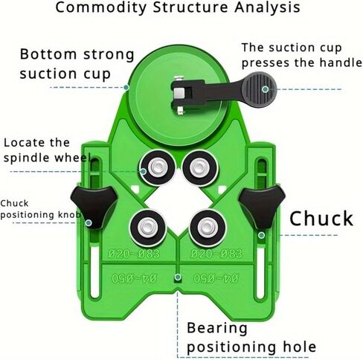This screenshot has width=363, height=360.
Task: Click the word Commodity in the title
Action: tap(101, 8)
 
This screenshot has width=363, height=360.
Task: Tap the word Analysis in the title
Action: tap(267, 7)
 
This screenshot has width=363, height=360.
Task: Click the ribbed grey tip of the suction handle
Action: tap(259, 89)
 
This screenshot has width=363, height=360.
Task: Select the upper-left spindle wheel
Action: tap(157, 167)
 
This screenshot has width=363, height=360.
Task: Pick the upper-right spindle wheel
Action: tap(200, 167)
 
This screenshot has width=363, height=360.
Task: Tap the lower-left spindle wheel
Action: tap(148, 228)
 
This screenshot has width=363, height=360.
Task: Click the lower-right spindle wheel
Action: tap(208, 228)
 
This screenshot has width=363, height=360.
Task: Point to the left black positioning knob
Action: tap(94, 207)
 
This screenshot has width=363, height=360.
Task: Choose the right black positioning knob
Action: tap(262, 207)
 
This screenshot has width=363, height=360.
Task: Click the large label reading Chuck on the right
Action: tap(321, 219)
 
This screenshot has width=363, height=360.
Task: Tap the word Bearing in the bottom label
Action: tap(217, 330)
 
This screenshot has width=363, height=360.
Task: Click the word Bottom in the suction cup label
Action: tap(48, 54)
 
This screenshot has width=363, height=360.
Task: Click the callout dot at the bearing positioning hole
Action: tap(178, 277)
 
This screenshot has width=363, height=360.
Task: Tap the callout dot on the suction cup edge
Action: tap(126, 87)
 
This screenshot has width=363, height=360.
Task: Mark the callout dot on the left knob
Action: tap(89, 223)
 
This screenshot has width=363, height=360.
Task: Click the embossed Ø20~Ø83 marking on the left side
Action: tap(134, 254)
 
